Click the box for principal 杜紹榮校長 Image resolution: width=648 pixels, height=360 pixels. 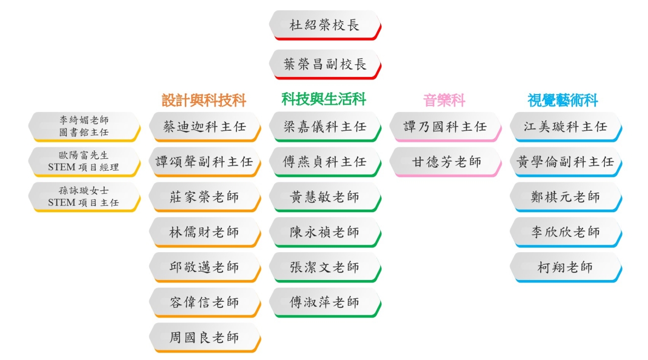[325, 25]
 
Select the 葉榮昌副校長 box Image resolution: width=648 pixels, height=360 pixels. [325, 64]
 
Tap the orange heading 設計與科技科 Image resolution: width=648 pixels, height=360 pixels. [204, 100]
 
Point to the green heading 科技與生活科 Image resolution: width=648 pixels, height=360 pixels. [323, 99]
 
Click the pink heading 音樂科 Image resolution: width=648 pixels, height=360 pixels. [444, 100]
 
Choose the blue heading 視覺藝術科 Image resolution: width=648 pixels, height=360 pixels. [562, 100]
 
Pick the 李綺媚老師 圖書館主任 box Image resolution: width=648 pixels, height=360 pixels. [84, 127]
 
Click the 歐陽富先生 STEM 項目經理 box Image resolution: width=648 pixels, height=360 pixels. [84, 162]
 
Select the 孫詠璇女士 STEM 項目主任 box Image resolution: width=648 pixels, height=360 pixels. [84, 197]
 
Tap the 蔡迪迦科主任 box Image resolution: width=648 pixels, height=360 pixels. [205, 127]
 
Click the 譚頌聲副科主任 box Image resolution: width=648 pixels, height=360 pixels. [205, 162]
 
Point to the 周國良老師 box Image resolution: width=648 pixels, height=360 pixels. [205, 337]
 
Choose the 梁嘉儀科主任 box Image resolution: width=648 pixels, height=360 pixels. [325, 127]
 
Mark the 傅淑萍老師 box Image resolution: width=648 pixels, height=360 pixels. [325, 302]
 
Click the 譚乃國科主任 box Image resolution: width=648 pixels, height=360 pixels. [445, 127]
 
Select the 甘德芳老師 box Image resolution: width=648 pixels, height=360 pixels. [445, 162]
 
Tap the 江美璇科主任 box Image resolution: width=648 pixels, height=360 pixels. [566, 127]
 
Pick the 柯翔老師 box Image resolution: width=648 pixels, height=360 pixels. [566, 267]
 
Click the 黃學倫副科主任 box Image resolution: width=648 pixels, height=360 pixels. [566, 162]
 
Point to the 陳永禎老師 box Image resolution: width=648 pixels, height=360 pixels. [325, 232]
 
